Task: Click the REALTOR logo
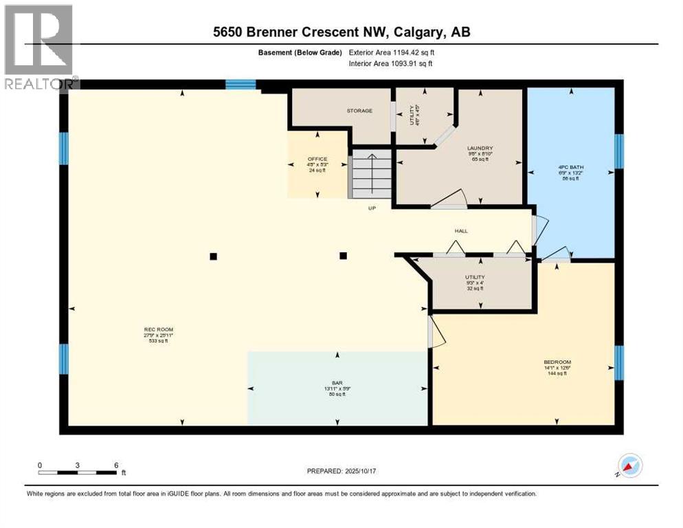click(40, 47)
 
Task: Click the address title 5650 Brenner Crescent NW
click(341, 32)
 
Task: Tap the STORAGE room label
click(359, 111)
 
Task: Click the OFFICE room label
click(317, 159)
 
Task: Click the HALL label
click(460, 231)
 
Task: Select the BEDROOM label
click(557, 362)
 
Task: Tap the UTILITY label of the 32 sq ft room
click(475, 277)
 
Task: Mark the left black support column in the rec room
click(213, 256)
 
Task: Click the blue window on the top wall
click(240, 85)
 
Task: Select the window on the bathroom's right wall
click(618, 151)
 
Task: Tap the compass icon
click(629, 466)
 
